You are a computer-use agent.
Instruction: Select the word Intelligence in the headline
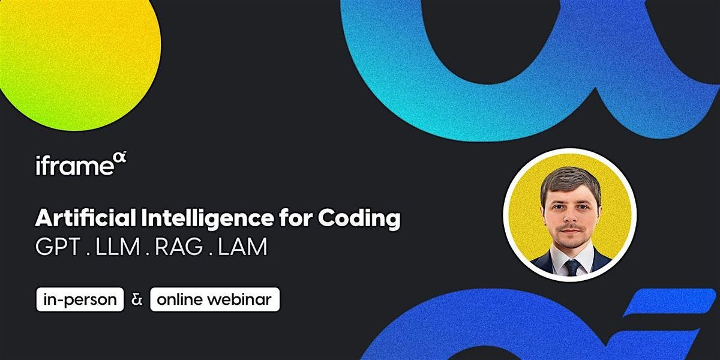[x=206, y=219]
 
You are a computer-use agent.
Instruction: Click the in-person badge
[x=80, y=299]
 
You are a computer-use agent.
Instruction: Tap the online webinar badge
[x=215, y=299]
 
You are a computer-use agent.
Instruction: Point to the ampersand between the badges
[x=137, y=299]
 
